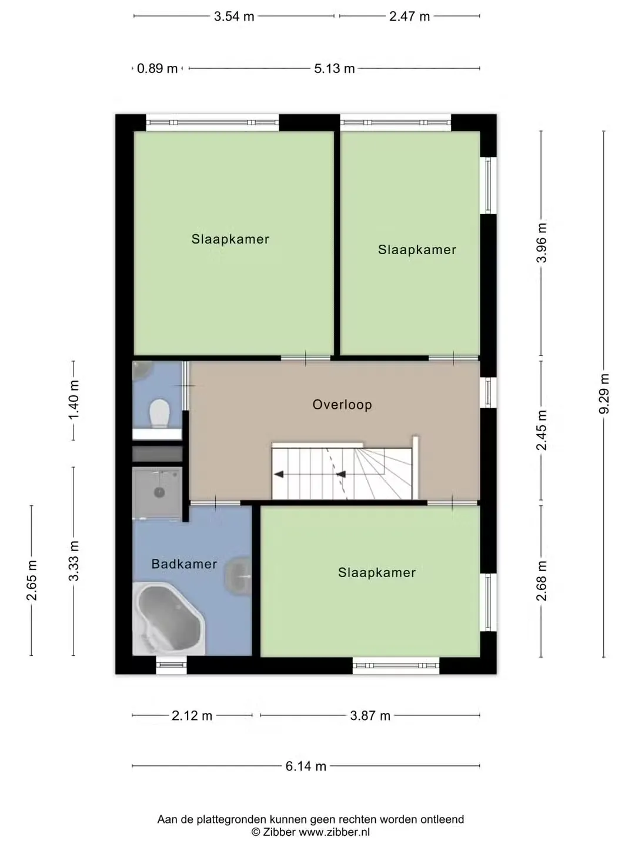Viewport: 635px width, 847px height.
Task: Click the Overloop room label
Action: (342, 405)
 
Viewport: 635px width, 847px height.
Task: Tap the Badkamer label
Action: (184, 564)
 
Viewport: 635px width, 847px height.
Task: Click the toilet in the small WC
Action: (159, 414)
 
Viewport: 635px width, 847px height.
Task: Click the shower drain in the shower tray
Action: (159, 492)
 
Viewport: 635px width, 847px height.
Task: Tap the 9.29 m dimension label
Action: (604, 394)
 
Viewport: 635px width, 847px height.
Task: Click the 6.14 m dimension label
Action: (306, 766)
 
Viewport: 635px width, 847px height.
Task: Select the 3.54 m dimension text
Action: (234, 16)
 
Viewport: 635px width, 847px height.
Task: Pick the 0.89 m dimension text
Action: (158, 69)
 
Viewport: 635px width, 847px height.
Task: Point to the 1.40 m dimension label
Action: (73, 400)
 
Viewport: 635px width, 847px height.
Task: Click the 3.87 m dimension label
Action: (370, 716)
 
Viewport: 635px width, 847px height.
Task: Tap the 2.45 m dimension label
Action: (542, 430)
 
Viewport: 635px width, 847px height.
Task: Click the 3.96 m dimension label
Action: (542, 243)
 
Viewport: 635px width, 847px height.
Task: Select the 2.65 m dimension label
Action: (32, 581)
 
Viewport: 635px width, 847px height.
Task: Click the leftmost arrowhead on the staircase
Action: (279, 474)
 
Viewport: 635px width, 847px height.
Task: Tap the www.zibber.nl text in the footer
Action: (335, 832)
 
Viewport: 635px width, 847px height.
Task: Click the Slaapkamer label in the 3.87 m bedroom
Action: (377, 573)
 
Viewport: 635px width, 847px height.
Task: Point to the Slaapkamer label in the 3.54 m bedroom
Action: (230, 239)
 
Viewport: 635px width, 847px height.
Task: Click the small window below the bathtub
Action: (171, 665)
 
